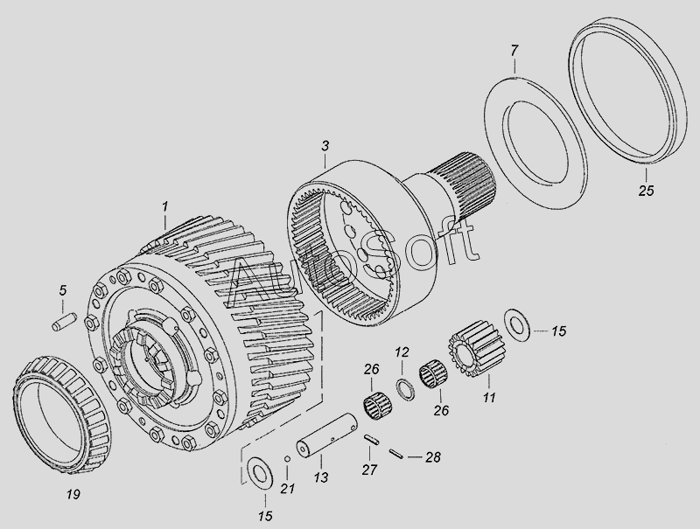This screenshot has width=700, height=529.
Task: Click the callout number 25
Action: click(x=646, y=191)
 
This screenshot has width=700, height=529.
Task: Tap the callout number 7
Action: click(x=514, y=51)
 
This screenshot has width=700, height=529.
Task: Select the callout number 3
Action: click(x=325, y=145)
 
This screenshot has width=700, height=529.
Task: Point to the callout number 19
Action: click(x=73, y=494)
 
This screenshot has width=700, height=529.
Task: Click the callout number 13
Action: click(x=320, y=477)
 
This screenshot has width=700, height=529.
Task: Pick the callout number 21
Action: click(x=288, y=489)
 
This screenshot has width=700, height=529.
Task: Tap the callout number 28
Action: click(x=432, y=457)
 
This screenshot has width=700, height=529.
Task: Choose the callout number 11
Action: click(x=489, y=397)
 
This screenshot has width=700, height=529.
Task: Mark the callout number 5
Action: click(x=62, y=291)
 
